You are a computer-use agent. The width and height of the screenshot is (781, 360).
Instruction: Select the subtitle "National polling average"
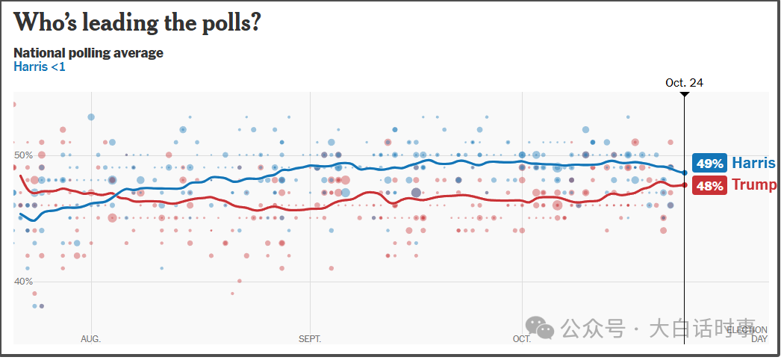88,53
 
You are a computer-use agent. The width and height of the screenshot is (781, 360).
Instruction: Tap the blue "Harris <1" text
40,67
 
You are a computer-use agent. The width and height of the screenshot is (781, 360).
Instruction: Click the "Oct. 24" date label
684,83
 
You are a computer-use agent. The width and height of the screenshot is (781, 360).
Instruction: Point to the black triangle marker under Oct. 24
685,94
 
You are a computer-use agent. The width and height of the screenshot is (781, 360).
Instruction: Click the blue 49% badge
709,164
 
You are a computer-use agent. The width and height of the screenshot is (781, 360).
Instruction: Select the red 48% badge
709,186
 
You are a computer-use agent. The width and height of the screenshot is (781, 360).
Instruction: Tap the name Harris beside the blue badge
753,163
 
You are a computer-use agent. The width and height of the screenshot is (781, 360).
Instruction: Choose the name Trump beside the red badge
753,185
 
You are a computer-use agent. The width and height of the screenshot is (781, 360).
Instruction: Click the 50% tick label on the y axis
24,155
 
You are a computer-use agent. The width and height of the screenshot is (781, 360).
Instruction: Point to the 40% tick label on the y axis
24,282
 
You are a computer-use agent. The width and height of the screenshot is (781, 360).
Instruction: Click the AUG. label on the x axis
90,339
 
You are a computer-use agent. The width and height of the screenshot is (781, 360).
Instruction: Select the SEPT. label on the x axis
310,339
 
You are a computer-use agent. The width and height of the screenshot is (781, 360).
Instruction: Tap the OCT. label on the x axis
522,339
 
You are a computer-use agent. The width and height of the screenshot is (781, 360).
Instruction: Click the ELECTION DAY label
748,334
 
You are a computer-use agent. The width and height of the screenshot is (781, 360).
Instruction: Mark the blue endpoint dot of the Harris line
685,173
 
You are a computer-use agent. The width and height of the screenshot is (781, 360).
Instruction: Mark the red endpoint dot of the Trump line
685,185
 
